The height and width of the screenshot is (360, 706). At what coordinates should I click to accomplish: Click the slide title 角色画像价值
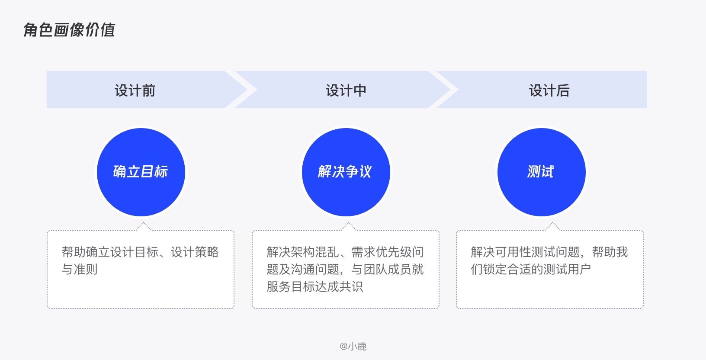pos(69,30)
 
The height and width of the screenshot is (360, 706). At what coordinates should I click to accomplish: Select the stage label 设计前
pos(135,90)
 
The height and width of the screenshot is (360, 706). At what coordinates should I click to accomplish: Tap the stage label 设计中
pos(346,90)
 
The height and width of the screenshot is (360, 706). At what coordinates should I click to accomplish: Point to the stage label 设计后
pos(549,90)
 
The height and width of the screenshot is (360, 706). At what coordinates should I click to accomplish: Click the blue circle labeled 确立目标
pos(141,172)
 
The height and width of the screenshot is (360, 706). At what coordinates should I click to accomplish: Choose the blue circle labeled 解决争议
pos(346,172)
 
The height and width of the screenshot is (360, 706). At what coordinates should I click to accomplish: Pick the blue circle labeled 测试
pos(542,172)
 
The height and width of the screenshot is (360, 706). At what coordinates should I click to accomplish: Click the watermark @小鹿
pos(353,346)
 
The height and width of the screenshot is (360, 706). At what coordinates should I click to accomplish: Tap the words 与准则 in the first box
pos(80,269)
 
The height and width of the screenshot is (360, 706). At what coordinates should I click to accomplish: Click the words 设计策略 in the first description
pos(195,252)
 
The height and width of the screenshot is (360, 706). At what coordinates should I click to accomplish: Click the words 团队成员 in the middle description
pos(388,269)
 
